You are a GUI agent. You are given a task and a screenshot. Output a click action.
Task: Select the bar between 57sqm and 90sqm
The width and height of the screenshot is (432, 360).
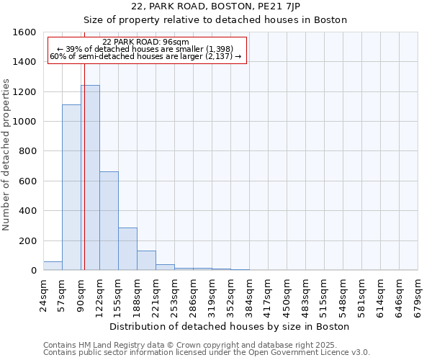71,187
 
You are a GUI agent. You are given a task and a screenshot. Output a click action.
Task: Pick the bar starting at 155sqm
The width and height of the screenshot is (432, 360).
127,249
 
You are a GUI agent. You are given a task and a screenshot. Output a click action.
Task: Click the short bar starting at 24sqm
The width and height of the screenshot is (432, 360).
53,266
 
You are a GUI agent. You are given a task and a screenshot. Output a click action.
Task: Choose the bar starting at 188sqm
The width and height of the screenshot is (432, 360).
146,261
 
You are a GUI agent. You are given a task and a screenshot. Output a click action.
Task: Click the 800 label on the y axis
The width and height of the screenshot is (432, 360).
27,151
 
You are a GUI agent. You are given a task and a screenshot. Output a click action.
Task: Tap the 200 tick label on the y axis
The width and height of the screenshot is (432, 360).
27,240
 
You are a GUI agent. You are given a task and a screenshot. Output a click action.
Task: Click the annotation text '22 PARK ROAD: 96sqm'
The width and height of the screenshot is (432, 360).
146,42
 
